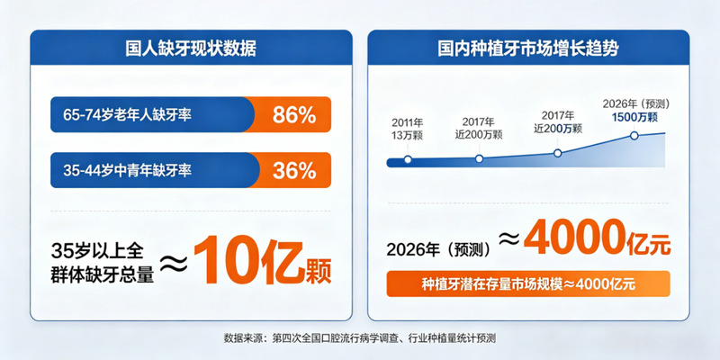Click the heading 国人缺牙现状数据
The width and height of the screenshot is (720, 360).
[x=191, y=49]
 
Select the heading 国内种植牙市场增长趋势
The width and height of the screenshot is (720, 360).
[x=527, y=49]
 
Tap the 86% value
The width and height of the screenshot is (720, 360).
[x=294, y=115]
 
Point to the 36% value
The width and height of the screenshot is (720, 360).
[x=294, y=170]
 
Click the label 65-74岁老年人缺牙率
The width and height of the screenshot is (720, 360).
[x=128, y=115]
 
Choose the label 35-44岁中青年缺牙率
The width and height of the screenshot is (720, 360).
[x=128, y=171]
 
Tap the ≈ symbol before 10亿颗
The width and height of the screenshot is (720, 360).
[x=173, y=262]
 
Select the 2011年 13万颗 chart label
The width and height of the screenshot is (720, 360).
[x=408, y=129]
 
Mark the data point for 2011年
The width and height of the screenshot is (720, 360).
[x=408, y=160]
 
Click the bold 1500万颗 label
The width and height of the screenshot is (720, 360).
[x=634, y=117]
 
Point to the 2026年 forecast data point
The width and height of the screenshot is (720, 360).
[x=634, y=136]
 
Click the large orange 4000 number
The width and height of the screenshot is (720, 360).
[x=573, y=238]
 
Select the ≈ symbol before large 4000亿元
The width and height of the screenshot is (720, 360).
[x=508, y=238]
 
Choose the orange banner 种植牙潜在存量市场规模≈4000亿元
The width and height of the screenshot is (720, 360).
[x=528, y=283]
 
